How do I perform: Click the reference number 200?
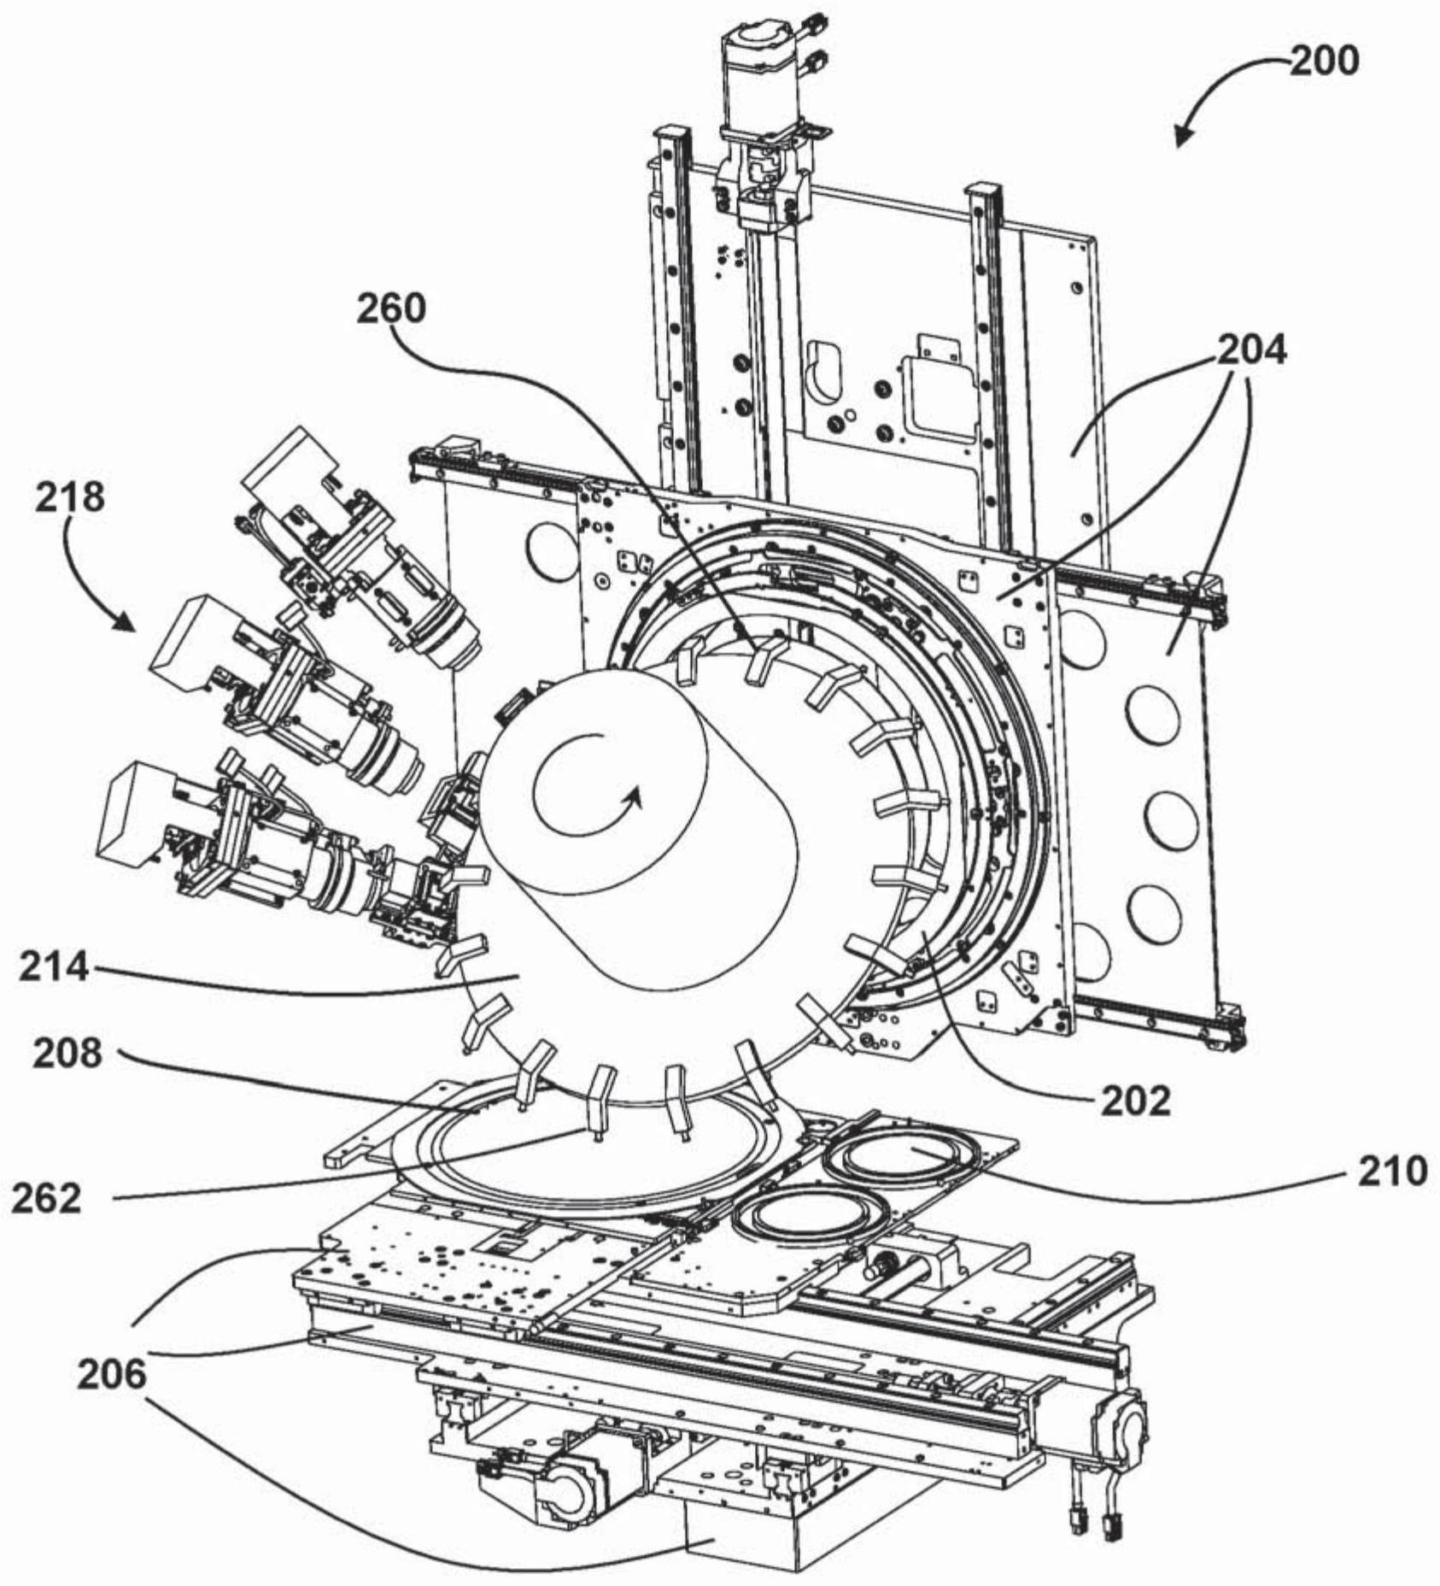coord(1324,62)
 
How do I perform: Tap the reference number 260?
coord(390,308)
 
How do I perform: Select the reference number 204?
coord(1251,350)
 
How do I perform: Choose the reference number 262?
coord(46,1198)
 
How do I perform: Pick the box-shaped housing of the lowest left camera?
coord(137,808)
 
